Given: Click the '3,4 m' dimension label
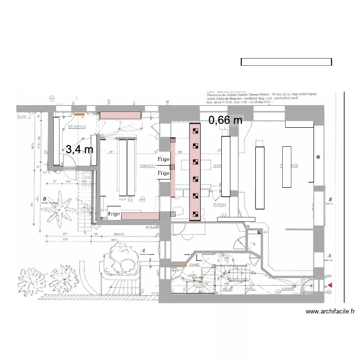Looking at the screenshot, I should (79, 150).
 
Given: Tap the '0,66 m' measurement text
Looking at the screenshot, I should (225, 120).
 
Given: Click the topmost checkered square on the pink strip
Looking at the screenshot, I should (195, 130).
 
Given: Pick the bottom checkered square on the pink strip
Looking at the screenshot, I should (195, 214).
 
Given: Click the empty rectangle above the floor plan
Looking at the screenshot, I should (286, 62).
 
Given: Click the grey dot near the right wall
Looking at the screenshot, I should (318, 157).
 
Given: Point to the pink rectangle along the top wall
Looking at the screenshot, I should (120, 115).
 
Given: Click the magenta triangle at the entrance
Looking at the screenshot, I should (330, 286).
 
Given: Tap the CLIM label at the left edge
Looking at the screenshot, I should (22, 116).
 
